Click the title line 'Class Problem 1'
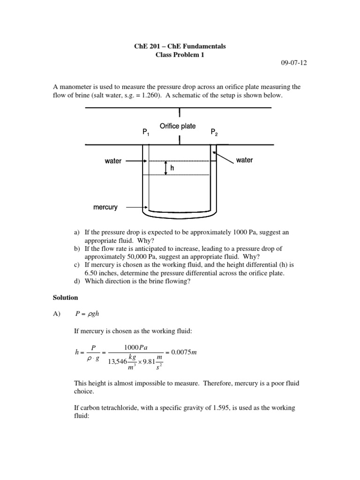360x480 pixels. coord(180,55)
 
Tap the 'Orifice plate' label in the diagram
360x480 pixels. coord(178,126)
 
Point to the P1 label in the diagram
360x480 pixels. coord(146,133)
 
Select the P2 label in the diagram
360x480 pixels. coord(214,133)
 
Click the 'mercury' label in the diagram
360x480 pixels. coord(105,207)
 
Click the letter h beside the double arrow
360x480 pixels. coord(172,168)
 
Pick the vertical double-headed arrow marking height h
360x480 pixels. coord(165,168)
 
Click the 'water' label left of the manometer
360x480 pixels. coord(113,161)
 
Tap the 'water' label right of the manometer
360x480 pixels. coord(244,160)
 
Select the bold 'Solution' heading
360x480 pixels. coord(66,298)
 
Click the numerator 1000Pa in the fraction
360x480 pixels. coord(136,347)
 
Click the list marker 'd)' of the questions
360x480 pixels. coord(77,281)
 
